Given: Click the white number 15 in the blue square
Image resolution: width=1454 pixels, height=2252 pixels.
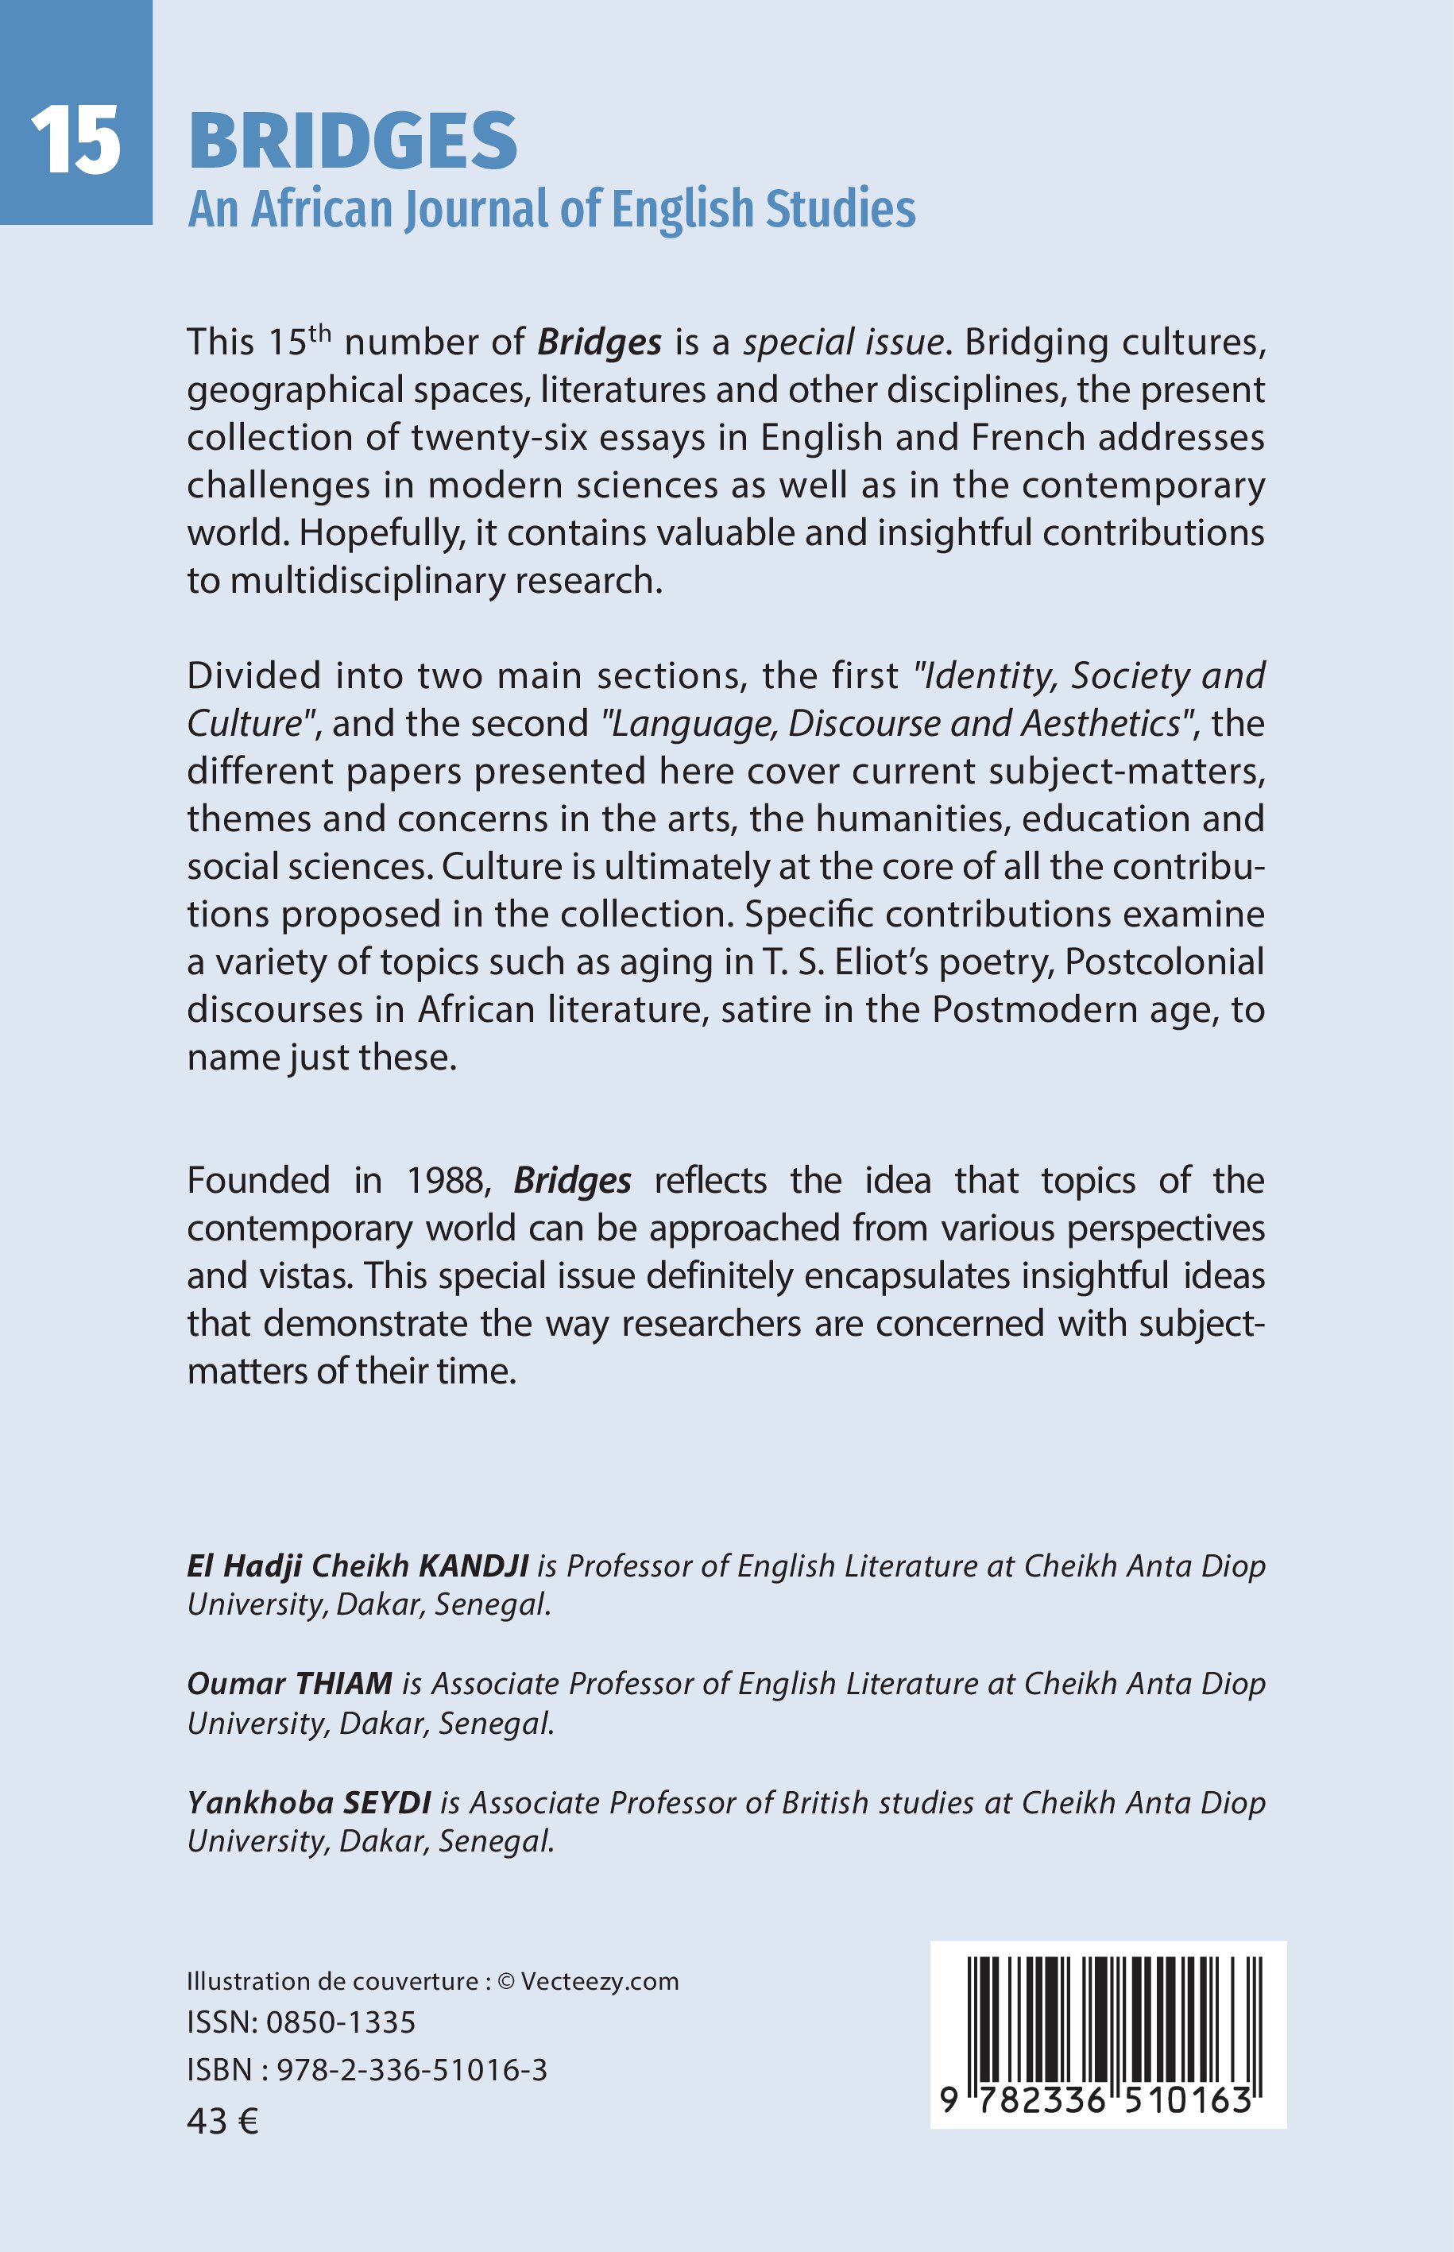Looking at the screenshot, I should [75, 141].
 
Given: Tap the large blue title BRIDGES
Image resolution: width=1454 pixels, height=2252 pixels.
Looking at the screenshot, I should [353, 141].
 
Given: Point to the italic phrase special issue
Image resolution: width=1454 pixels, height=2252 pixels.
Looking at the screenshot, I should [843, 342].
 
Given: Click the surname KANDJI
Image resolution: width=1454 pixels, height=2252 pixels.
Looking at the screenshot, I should [473, 1565].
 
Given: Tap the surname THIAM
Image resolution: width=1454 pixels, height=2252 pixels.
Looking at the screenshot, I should [344, 1684].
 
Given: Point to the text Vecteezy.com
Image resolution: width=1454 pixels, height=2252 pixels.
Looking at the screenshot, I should [600, 1981].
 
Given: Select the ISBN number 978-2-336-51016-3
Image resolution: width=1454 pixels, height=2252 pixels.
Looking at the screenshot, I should [412, 2070].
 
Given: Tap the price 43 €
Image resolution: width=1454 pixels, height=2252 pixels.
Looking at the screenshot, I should [222, 2122].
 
